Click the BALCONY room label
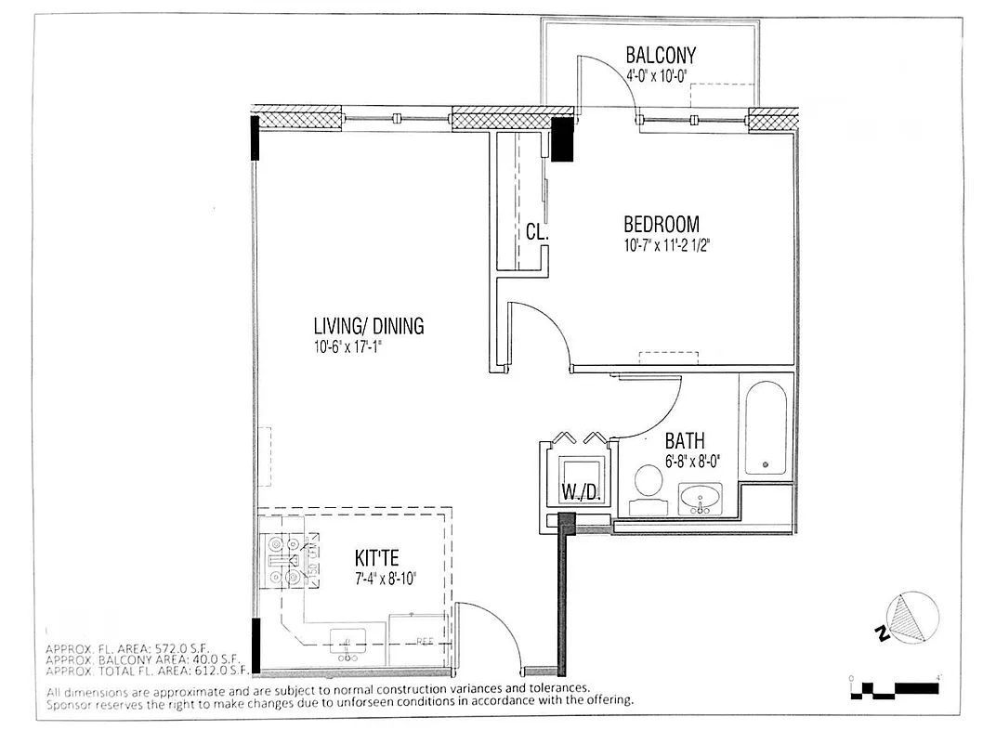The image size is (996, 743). [x=660, y=56]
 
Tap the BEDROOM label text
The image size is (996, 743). [x=661, y=225]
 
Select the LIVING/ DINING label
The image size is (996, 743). [x=368, y=326]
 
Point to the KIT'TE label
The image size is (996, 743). [x=377, y=558]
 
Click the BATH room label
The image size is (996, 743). [x=684, y=440]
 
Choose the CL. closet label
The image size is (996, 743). [x=536, y=232]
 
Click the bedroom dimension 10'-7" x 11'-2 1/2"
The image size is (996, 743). [x=673, y=246]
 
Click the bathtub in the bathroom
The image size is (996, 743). [x=766, y=428]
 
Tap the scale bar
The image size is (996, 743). [x=895, y=688]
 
